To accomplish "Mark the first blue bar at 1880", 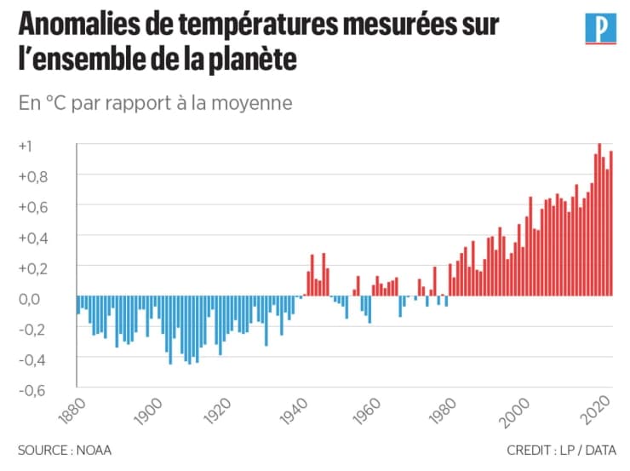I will (78, 305).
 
